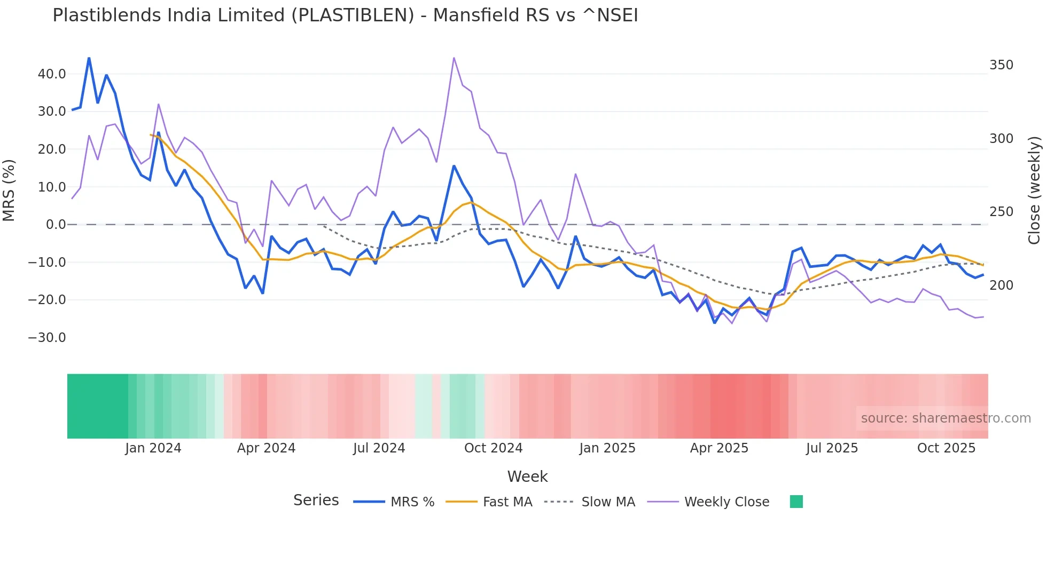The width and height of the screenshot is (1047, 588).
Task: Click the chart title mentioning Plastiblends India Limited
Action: [345, 15]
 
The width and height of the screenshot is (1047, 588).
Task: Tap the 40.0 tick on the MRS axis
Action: [52, 74]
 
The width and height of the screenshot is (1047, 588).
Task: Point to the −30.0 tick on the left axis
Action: [47, 338]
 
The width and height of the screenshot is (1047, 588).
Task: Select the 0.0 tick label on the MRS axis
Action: [56, 225]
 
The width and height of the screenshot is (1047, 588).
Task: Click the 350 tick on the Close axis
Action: [1001, 65]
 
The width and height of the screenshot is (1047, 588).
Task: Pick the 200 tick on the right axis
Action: [1001, 285]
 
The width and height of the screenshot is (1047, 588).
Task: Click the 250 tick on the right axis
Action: [1001, 212]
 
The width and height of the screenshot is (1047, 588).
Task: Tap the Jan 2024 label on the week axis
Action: [153, 448]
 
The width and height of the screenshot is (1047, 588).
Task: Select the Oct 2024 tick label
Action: [493, 448]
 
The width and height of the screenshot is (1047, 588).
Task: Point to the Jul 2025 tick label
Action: [832, 448]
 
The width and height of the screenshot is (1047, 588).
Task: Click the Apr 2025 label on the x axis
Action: [719, 448]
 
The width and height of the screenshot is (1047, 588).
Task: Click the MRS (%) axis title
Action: [9, 190]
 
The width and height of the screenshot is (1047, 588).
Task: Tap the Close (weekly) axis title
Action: [1034, 190]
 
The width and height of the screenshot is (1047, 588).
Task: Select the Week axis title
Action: [527, 476]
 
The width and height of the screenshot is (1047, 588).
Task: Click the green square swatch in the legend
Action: [796, 502]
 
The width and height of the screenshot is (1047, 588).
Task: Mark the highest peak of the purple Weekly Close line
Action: [454, 58]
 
